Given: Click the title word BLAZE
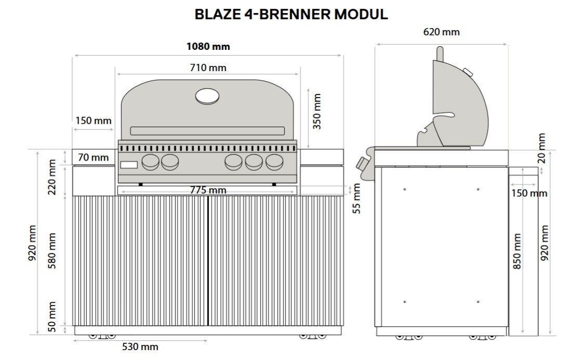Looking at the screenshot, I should click(216, 15).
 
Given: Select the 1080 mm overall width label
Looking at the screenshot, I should click(208, 47).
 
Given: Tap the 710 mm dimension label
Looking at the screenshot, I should click(208, 68).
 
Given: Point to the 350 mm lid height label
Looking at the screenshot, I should click(317, 111).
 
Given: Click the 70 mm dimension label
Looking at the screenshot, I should click(94, 157).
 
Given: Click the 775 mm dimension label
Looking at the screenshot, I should click(207, 190).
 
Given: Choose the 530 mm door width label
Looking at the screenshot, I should click(140, 346).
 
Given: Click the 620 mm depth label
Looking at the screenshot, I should click(441, 32).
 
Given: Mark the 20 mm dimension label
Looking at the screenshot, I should click(542, 148).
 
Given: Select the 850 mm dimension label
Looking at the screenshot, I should click(517, 251).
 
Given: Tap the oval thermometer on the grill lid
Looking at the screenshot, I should click(207, 96).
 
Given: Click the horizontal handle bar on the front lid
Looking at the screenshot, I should click(207, 131).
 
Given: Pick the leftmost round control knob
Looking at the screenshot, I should click(151, 163).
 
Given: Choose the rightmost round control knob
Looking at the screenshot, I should click(274, 163).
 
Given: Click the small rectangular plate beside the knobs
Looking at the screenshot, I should click(129, 165).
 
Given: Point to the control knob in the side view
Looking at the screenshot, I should click(362, 165).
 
